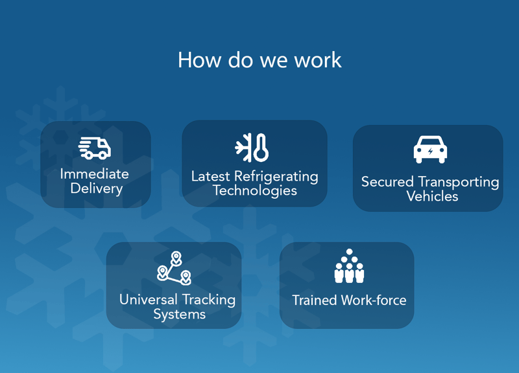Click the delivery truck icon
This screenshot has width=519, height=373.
tap(95, 148)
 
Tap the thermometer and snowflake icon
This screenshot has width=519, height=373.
tap(252, 148)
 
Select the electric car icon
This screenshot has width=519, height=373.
tap(430, 150)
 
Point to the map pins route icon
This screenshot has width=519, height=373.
tap(174, 268)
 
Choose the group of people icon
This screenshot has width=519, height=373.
tap(349, 266)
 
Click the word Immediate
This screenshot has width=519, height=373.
tap(95, 174)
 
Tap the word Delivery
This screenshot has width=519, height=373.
tap(97, 189)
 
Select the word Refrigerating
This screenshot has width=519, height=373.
tap(276, 177)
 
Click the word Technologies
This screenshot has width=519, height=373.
tap(255, 190)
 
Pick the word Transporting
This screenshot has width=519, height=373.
tap(459, 183)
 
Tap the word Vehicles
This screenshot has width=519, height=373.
tap(432, 197)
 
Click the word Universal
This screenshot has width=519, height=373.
tap(149, 300)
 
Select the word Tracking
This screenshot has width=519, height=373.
tap(209, 300)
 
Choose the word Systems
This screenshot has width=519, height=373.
tap(180, 314)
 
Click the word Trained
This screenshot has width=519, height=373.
tap(315, 300)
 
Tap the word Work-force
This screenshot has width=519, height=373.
tap(374, 300)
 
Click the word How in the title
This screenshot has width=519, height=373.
tap(199, 60)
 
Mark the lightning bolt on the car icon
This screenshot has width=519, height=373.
tap(430, 152)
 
